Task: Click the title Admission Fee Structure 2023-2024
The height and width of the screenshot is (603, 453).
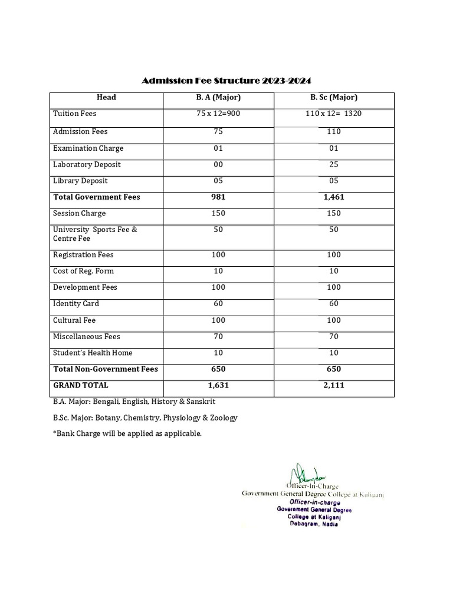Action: [x=226, y=81]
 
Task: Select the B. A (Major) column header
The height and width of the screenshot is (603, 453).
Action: [x=218, y=98]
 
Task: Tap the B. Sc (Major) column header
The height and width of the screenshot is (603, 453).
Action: [x=334, y=98]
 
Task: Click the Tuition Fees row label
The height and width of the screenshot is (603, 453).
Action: [x=74, y=113]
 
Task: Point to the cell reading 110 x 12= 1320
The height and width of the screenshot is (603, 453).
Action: [x=334, y=113]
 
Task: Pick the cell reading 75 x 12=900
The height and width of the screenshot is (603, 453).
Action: [x=218, y=113]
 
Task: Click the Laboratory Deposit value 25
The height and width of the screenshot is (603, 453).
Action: [x=334, y=165]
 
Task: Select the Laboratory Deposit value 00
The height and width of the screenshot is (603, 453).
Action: [x=218, y=165]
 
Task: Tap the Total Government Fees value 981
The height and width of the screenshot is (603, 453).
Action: [x=218, y=197]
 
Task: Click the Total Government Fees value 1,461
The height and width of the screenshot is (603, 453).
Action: [x=334, y=197]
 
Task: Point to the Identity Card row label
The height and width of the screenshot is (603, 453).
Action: [x=76, y=304]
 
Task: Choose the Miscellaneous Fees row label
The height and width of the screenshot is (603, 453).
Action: [x=86, y=337]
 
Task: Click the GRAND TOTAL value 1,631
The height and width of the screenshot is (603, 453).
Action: [x=218, y=386]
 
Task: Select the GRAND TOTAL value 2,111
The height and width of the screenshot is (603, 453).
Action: [x=334, y=386]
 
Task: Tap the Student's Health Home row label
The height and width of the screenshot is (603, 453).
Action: [x=93, y=353]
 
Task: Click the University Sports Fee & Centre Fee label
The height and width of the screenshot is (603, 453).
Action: [x=94, y=234]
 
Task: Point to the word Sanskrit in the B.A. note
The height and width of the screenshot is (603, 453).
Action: [x=199, y=402]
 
